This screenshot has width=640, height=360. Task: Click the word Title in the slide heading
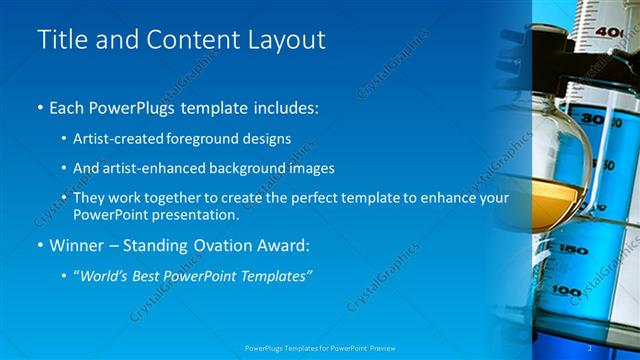(58, 40)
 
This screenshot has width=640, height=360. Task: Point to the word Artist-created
(117, 138)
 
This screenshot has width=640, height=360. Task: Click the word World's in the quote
(108, 275)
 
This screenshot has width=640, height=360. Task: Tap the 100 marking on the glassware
(568, 291)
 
